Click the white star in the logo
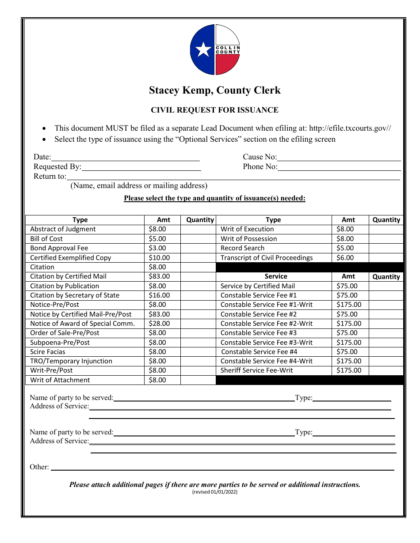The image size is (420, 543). click(203, 49)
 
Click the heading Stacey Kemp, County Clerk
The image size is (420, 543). click(214, 90)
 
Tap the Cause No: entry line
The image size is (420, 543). click(339, 157)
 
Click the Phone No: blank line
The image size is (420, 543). click(339, 167)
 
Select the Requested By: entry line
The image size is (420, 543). click(141, 167)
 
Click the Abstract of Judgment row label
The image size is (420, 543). click(63, 229)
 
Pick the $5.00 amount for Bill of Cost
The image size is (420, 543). click(157, 239)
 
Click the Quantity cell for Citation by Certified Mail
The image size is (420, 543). click(199, 276)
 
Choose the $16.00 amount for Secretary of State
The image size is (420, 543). click(159, 295)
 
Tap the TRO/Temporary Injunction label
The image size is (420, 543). click(71, 361)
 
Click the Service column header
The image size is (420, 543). click(276, 276)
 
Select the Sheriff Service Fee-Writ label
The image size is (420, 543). click(256, 370)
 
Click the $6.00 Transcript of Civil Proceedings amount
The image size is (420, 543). click(345, 258)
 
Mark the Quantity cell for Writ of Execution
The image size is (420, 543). click(386, 229)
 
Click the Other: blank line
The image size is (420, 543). click(222, 467)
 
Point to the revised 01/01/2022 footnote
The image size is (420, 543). click(214, 492)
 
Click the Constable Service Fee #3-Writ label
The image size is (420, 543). click(266, 343)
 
